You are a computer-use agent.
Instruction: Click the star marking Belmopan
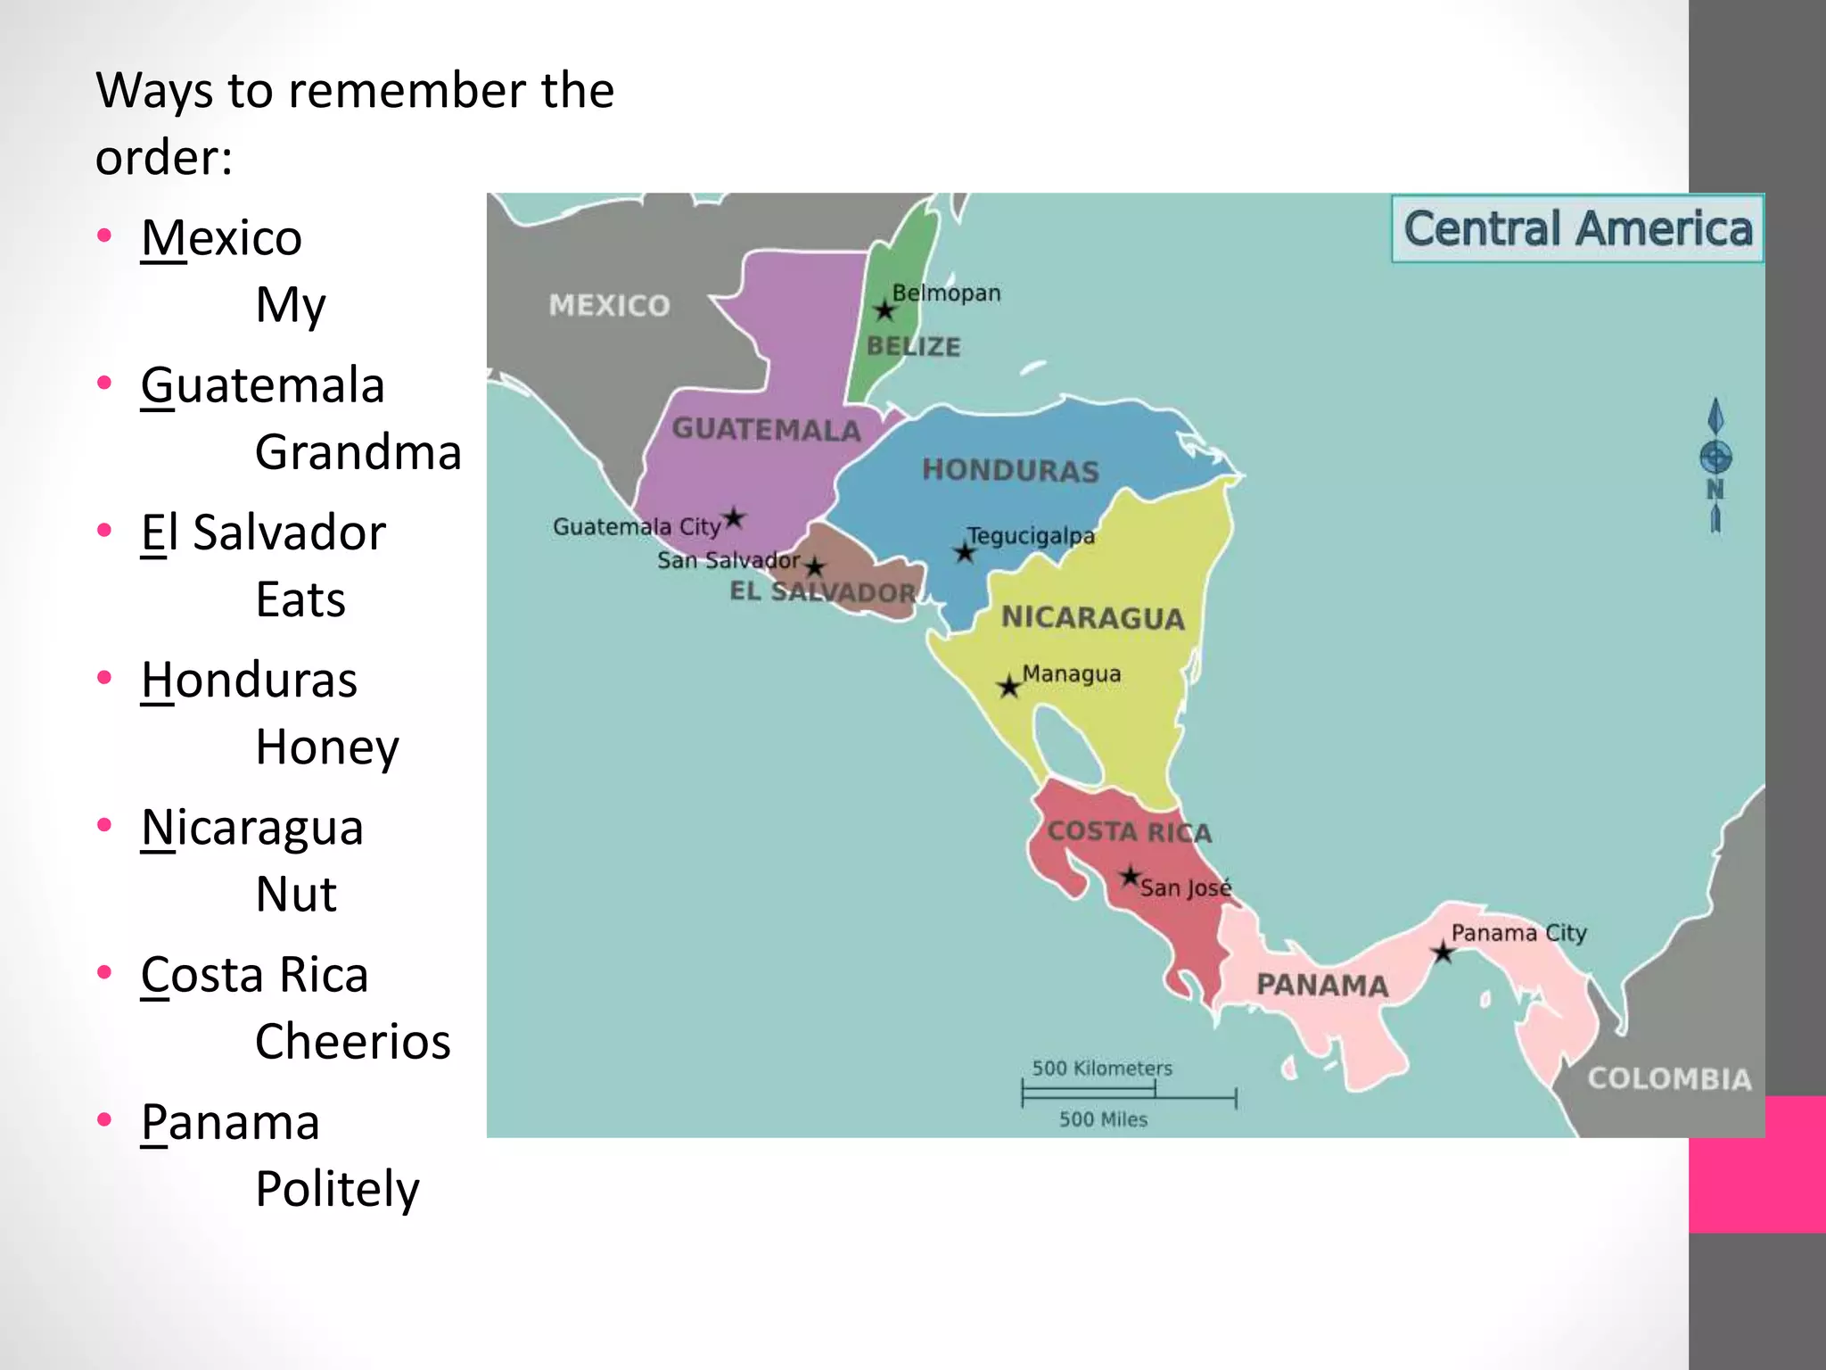(884, 310)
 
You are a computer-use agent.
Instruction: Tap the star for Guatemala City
(734, 517)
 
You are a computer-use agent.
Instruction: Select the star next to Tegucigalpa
(964, 552)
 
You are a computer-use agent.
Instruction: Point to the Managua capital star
(1008, 687)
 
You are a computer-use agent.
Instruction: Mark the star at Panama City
(1443, 953)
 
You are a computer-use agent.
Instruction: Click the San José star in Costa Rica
(1131, 876)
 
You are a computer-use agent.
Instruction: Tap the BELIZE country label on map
(914, 346)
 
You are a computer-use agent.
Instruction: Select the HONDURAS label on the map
(1010, 470)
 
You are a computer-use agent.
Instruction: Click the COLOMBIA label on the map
(1669, 1078)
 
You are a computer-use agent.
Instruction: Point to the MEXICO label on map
(610, 305)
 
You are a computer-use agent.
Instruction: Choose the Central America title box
(1577, 228)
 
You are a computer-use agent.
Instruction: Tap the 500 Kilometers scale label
(1102, 1068)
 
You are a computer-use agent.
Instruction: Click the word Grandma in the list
(358, 452)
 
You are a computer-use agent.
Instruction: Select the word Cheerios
(353, 1041)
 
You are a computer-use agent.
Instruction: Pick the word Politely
(337, 1189)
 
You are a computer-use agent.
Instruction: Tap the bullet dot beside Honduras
(105, 677)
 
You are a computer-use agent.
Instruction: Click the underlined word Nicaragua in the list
(252, 827)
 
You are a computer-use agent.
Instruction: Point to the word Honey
(327, 747)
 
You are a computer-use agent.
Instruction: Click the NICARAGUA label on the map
(1092, 617)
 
